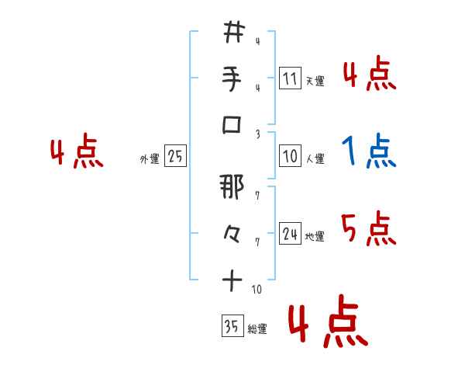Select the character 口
tap(233, 124)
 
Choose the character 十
tap(233, 281)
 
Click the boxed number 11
tap(291, 78)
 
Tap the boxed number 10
tap(291, 156)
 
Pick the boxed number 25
tap(175, 156)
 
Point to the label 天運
tap(315, 81)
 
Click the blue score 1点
tap(368, 151)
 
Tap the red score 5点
tap(368, 229)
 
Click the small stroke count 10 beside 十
tap(257, 290)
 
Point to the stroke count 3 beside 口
tap(257, 133)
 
